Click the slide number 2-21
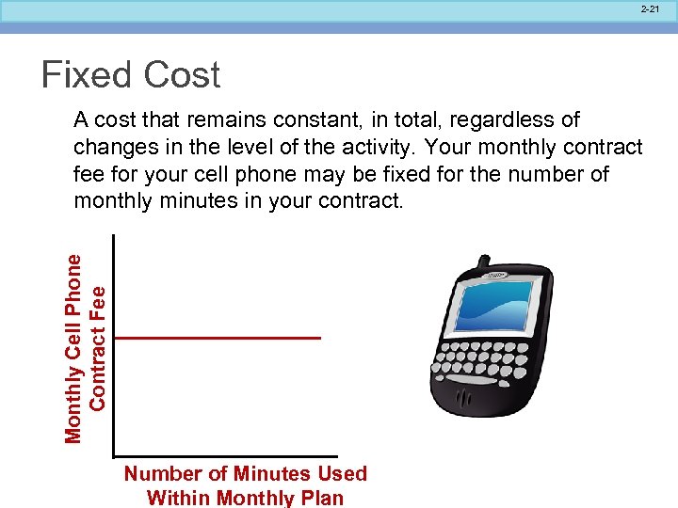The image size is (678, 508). (650, 8)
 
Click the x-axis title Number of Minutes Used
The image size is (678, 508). (245, 474)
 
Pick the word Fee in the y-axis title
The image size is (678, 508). (98, 303)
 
